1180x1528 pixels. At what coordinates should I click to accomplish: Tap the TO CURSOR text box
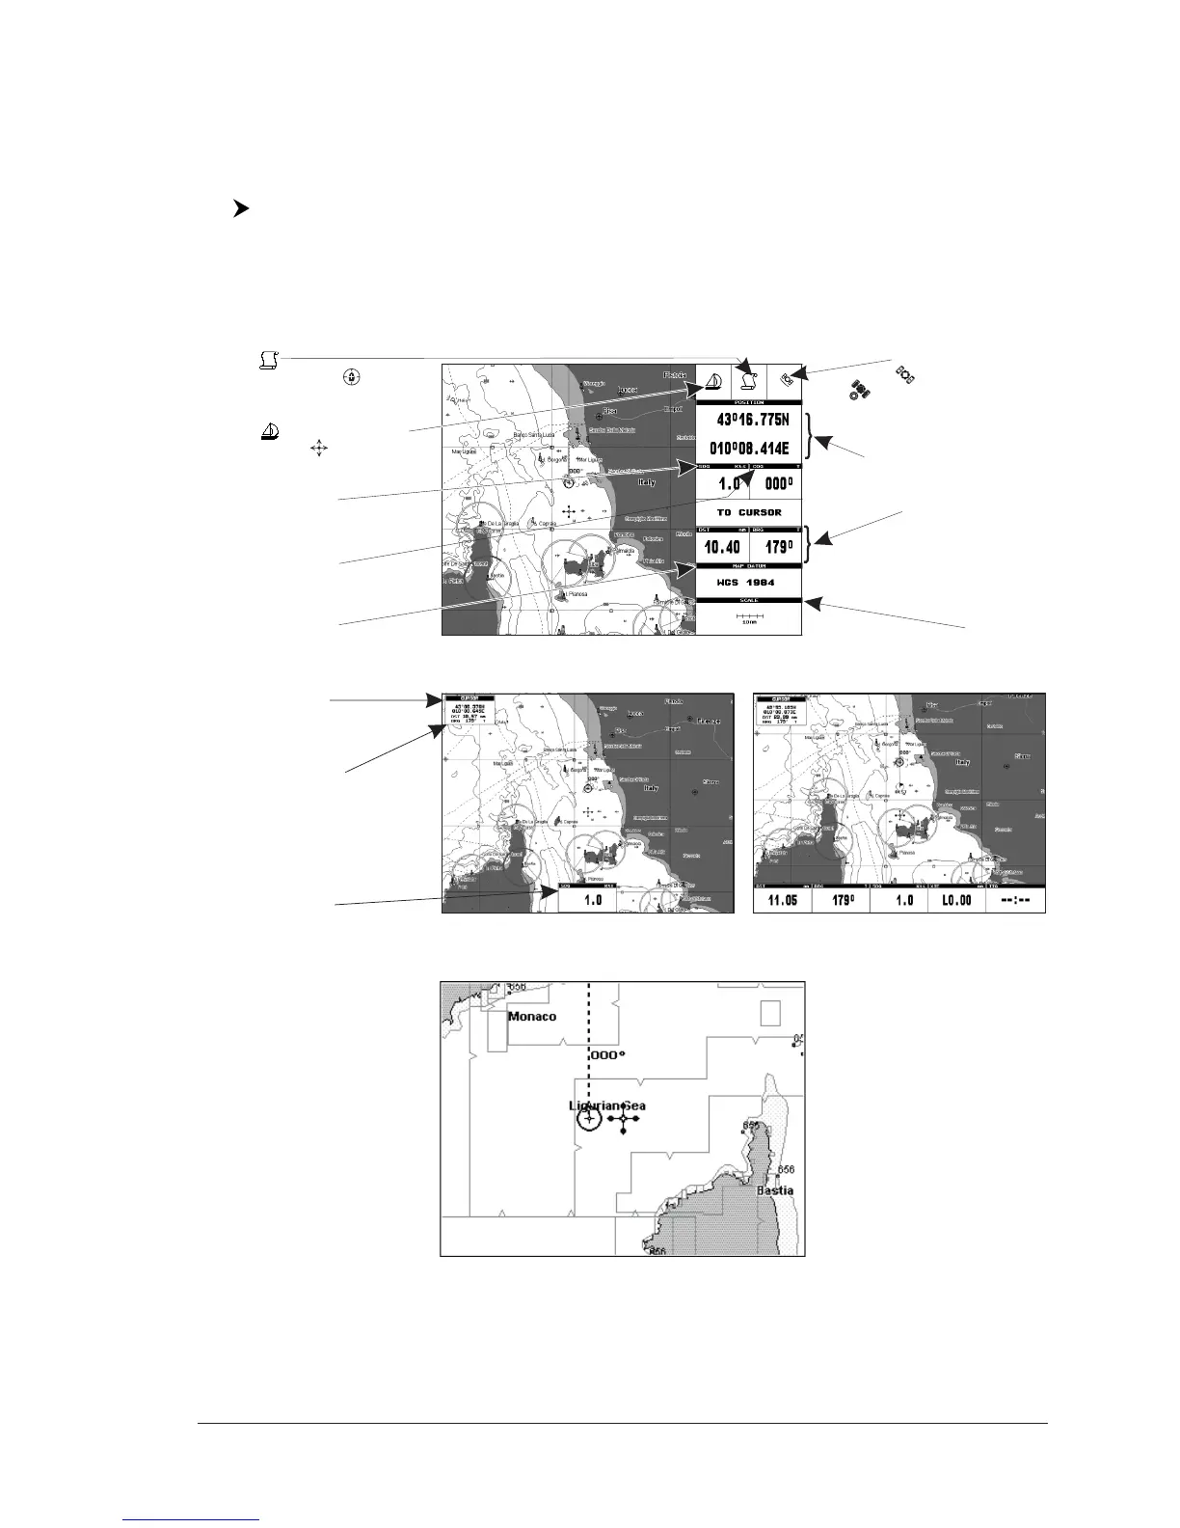coord(749,512)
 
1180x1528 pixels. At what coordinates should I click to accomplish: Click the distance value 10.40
coord(722,548)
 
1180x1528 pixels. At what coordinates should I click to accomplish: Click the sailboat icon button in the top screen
coord(713,382)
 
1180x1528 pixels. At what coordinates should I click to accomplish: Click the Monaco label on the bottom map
coord(532,1016)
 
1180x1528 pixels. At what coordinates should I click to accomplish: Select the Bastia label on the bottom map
coord(775,1190)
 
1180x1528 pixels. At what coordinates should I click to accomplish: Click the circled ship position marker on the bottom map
coord(589,1118)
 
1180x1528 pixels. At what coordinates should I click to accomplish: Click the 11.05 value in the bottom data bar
coord(782,900)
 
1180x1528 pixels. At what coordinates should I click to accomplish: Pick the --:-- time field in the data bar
coord(1015,900)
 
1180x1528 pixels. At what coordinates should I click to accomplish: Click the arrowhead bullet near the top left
coord(241,208)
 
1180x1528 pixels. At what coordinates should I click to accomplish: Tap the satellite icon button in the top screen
coord(786,381)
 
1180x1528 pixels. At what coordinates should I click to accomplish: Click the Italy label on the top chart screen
coord(646,481)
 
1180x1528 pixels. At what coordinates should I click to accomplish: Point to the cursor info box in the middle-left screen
coord(469,709)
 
